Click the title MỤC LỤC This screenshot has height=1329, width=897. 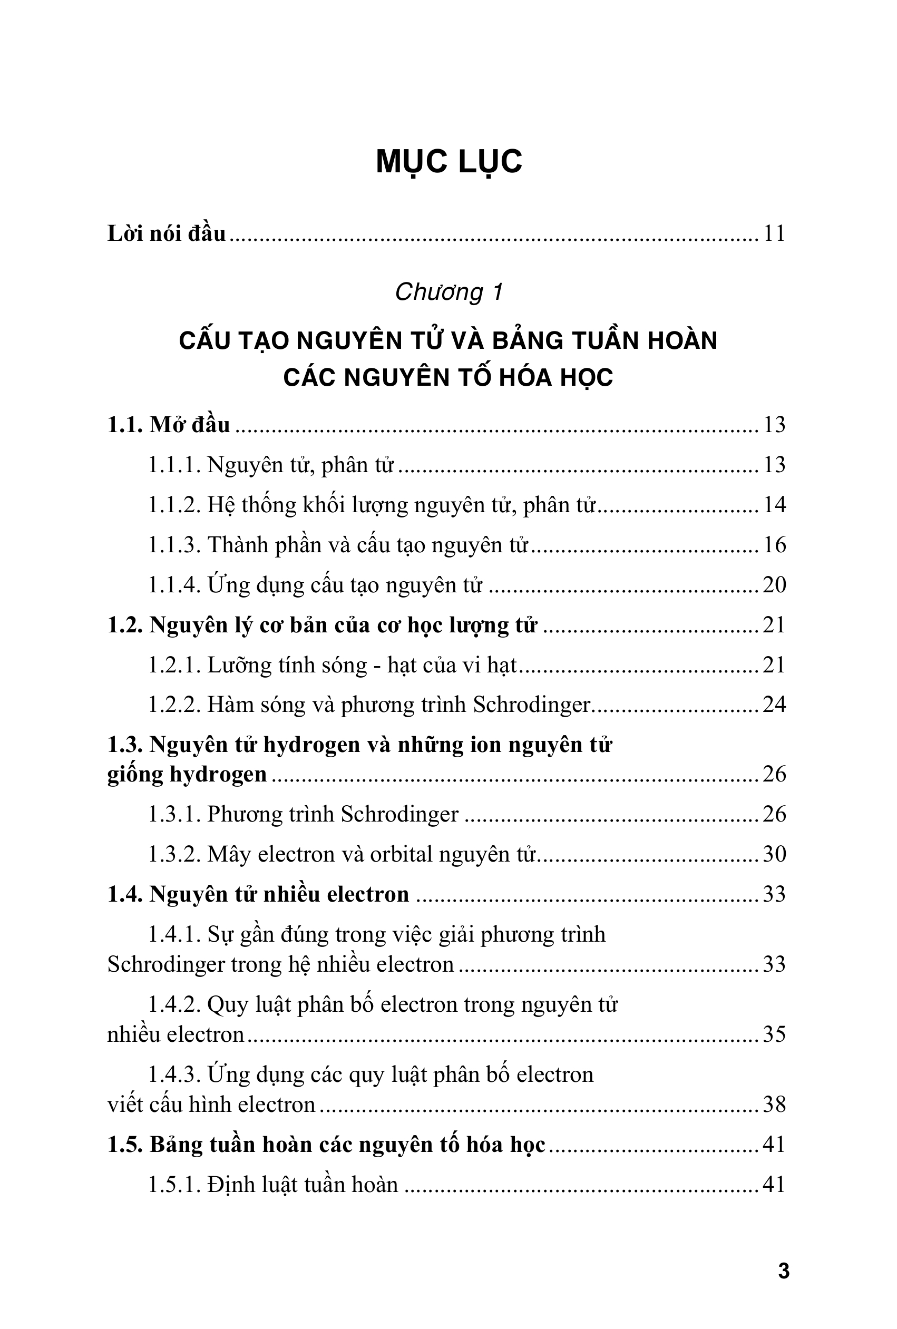[x=448, y=162]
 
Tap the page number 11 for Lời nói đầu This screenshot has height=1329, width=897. [x=774, y=234]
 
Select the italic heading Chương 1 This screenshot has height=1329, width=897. [x=448, y=292]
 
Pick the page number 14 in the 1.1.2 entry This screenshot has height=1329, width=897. [x=774, y=505]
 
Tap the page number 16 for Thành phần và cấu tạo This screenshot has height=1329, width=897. [x=774, y=545]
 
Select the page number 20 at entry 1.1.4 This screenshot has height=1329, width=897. [x=774, y=585]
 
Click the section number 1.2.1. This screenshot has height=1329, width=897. [x=174, y=665]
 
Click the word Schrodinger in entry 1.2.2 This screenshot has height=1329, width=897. [x=531, y=705]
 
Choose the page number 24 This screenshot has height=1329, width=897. [x=774, y=705]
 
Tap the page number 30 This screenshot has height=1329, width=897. [x=774, y=854]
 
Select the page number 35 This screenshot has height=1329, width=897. [x=774, y=1034]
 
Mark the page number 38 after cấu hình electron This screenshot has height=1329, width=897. [x=774, y=1105]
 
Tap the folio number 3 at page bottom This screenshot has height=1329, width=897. [x=784, y=1271]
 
